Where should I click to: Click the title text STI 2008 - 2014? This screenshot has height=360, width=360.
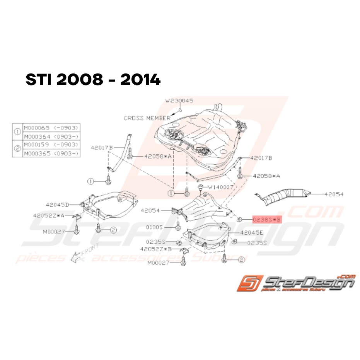93,80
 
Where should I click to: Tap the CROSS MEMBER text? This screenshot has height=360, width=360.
147,118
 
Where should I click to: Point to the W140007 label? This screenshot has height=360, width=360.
221,187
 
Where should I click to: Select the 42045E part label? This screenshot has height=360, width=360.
251,233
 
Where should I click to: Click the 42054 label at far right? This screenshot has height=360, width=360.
334,195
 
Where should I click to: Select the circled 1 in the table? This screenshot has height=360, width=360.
18,132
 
